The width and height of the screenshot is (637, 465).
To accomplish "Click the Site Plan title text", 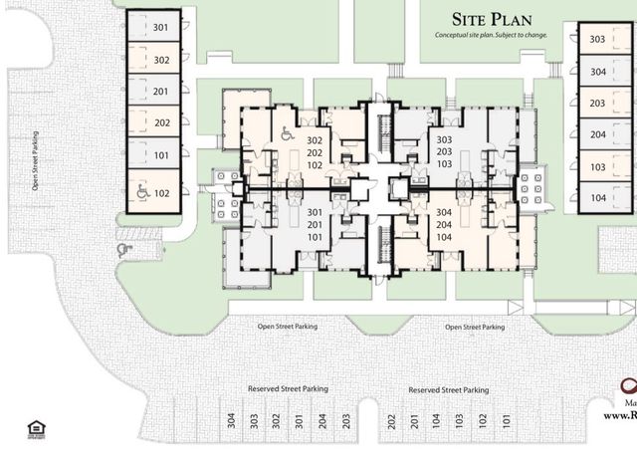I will [492, 19].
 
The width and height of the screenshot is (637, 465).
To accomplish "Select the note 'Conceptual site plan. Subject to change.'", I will [492, 35].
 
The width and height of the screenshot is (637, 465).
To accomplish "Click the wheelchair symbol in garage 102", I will [142, 193].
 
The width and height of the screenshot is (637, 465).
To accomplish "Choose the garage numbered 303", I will [598, 40].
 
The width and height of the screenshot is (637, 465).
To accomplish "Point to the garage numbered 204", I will [598, 134].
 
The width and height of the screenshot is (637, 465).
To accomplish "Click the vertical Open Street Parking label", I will [35, 159].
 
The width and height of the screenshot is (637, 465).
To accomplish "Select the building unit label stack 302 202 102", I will [315, 153].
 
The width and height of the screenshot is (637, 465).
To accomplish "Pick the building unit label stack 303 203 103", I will [444, 151].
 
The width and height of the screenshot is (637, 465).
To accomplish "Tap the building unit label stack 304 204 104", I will [444, 225].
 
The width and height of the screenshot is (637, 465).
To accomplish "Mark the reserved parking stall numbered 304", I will [231, 421].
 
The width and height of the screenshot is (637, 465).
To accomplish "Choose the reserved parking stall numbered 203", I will [345, 421].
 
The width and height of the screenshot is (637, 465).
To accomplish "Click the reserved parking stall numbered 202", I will [391, 421].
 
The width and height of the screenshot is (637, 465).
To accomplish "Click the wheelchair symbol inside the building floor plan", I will [287, 133].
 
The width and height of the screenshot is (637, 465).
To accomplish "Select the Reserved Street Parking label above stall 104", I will [448, 390].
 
